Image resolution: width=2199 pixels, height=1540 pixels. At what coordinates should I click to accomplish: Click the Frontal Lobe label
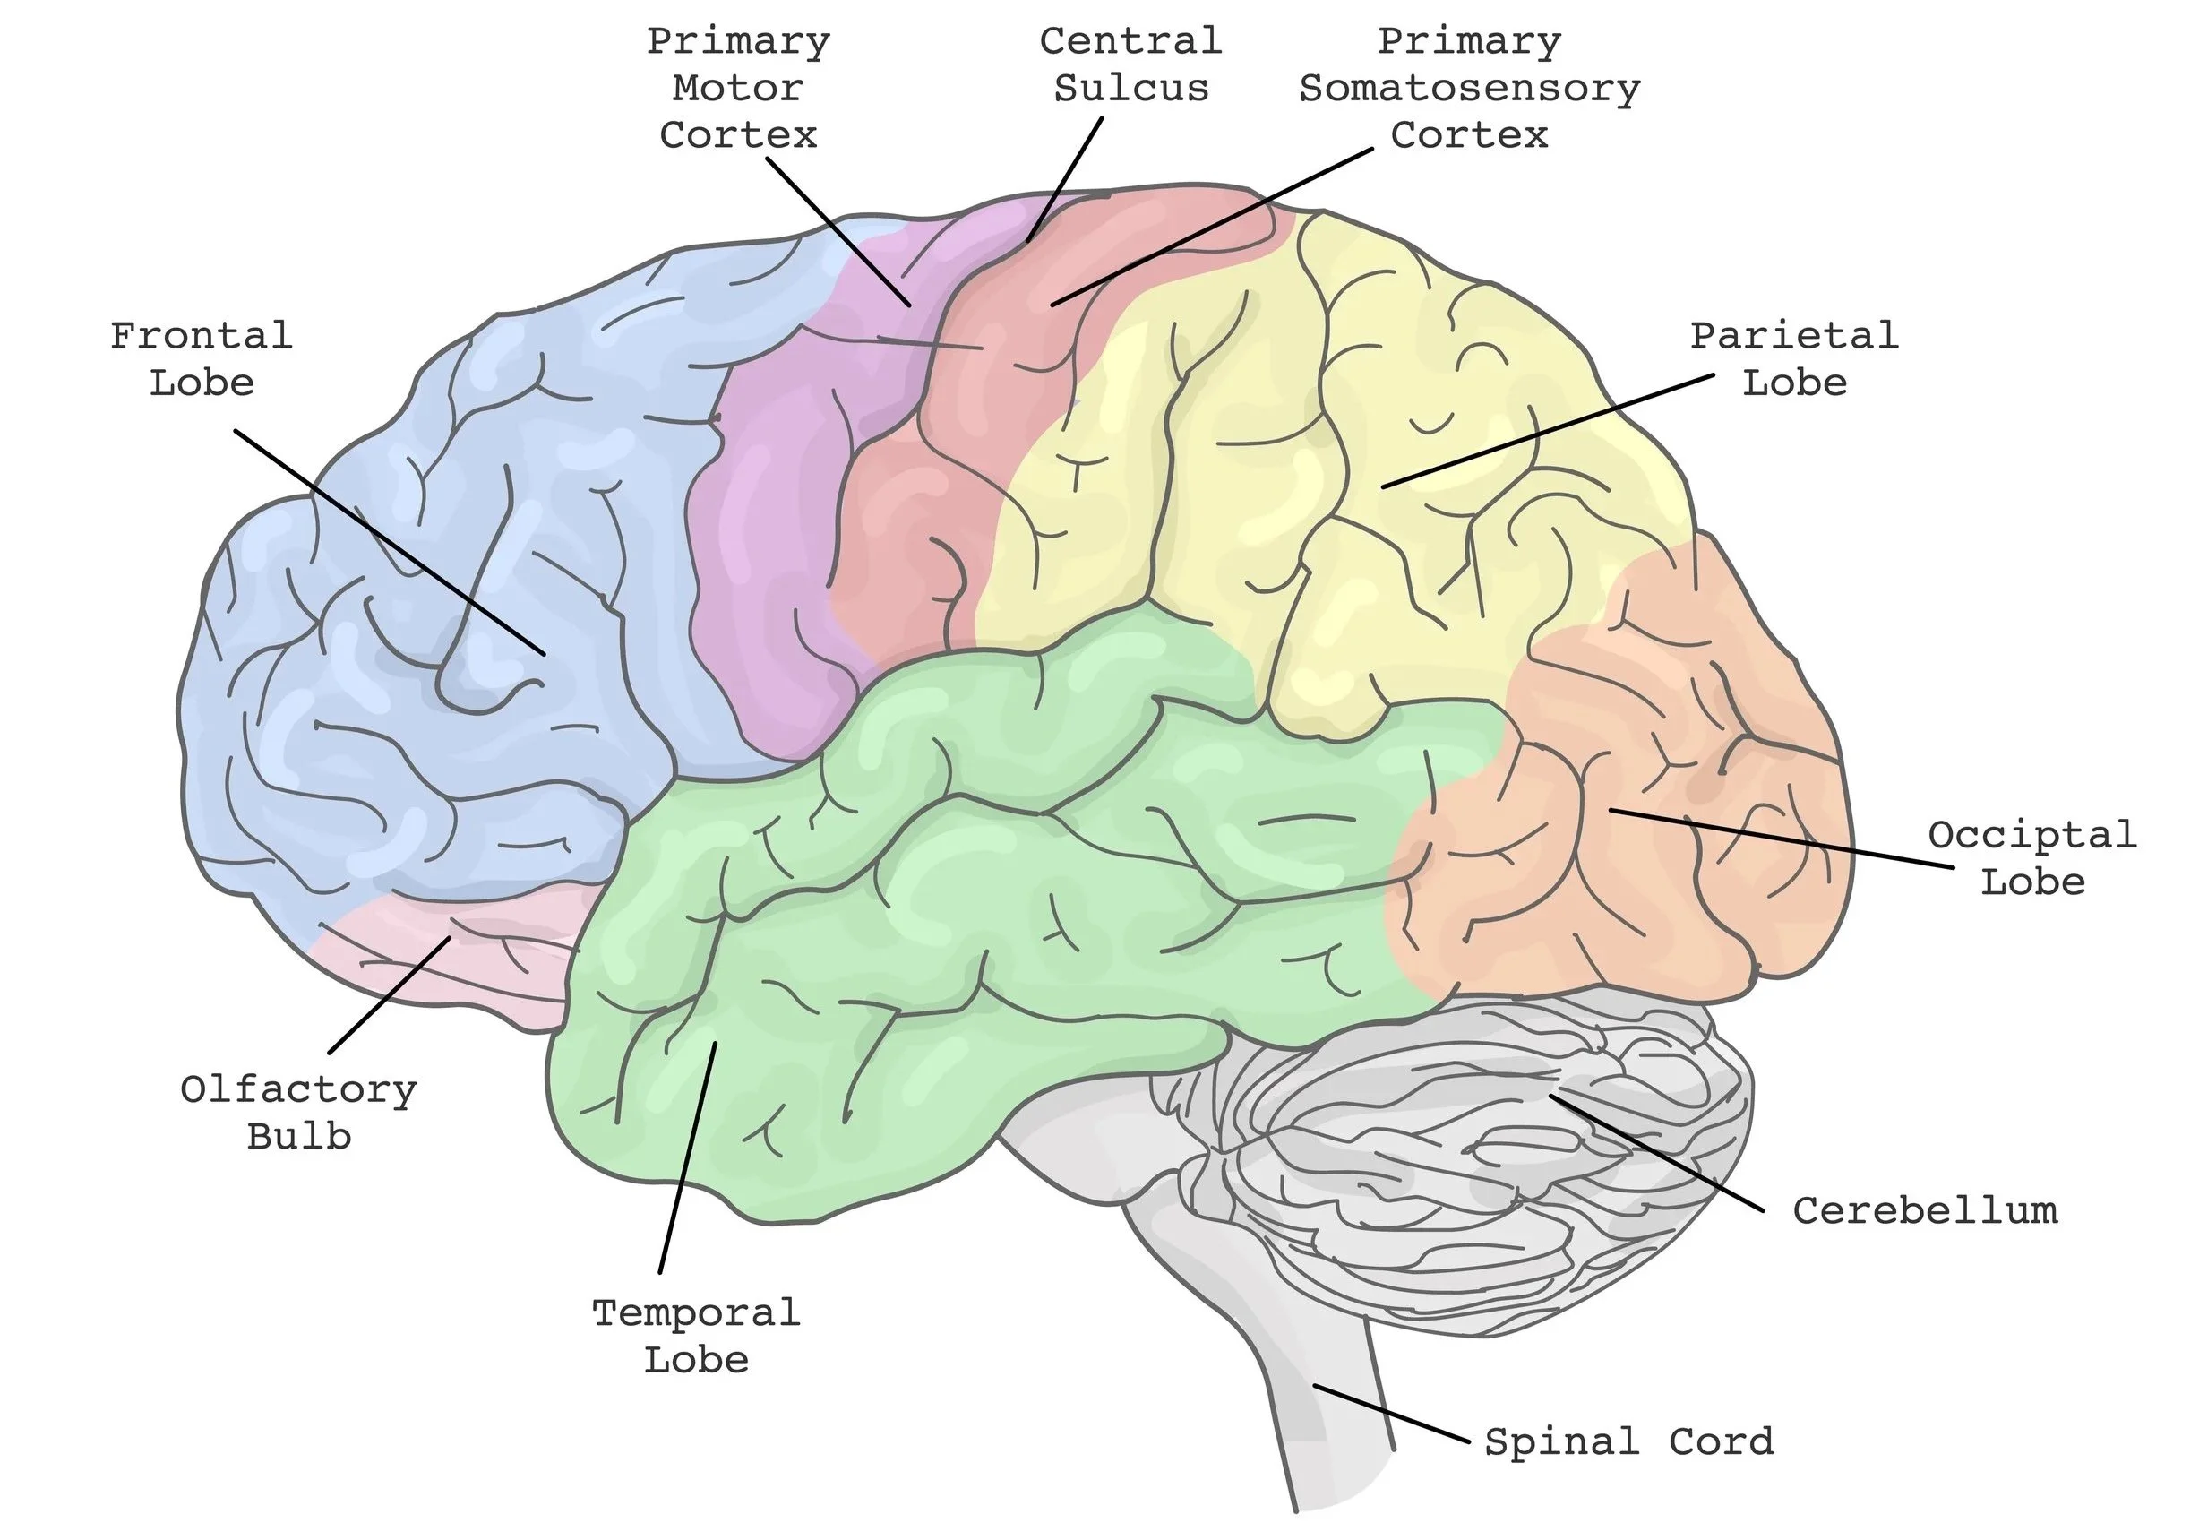202,359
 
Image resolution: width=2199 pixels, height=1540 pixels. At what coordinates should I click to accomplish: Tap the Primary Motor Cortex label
737,88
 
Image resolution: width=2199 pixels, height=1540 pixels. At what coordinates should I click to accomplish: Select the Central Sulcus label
1131,65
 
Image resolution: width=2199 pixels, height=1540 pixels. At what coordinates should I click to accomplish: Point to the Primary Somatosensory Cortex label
1469,88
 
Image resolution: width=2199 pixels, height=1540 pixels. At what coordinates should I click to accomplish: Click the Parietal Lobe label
1794,359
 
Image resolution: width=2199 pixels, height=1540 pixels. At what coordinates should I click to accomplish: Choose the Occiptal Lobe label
2032,857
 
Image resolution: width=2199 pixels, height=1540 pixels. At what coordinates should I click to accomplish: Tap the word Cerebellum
1925,1210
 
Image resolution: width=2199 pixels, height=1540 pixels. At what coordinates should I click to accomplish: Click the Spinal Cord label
1628,1441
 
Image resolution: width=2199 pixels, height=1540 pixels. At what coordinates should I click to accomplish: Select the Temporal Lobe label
696,1336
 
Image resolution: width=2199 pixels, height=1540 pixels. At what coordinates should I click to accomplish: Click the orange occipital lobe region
1628,862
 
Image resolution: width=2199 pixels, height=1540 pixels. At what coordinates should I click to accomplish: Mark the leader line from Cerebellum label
1657,1154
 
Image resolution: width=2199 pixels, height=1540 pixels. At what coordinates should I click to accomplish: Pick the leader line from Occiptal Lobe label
1782,839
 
